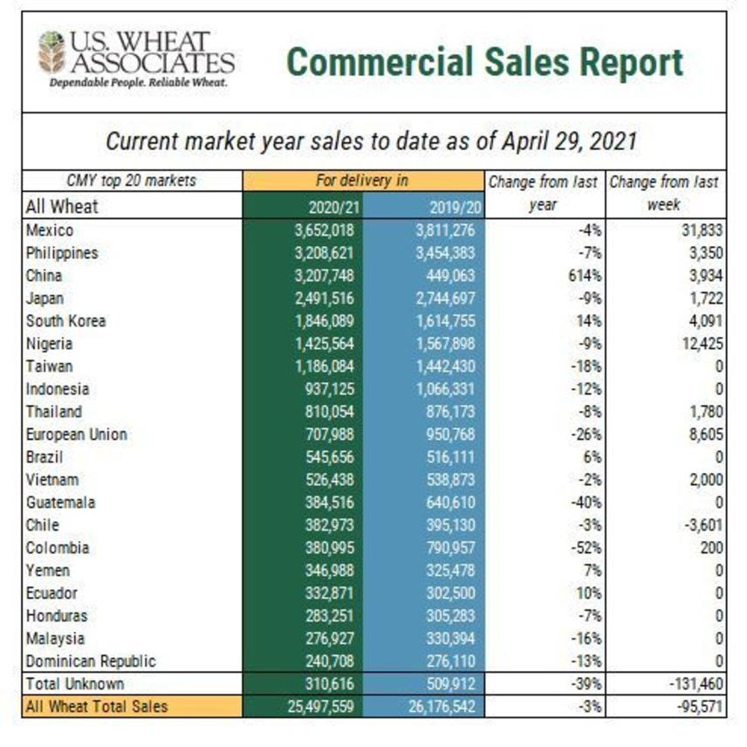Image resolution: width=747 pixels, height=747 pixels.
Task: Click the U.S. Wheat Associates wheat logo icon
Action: tap(51, 52)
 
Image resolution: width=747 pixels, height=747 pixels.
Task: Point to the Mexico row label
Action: tap(50, 230)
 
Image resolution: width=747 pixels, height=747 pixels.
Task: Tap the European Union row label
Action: tap(76, 435)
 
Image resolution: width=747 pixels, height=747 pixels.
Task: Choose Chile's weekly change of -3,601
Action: tap(700, 525)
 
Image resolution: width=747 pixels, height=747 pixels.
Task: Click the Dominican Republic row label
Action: tap(84, 661)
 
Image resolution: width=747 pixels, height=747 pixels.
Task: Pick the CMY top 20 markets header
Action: tap(131, 182)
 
